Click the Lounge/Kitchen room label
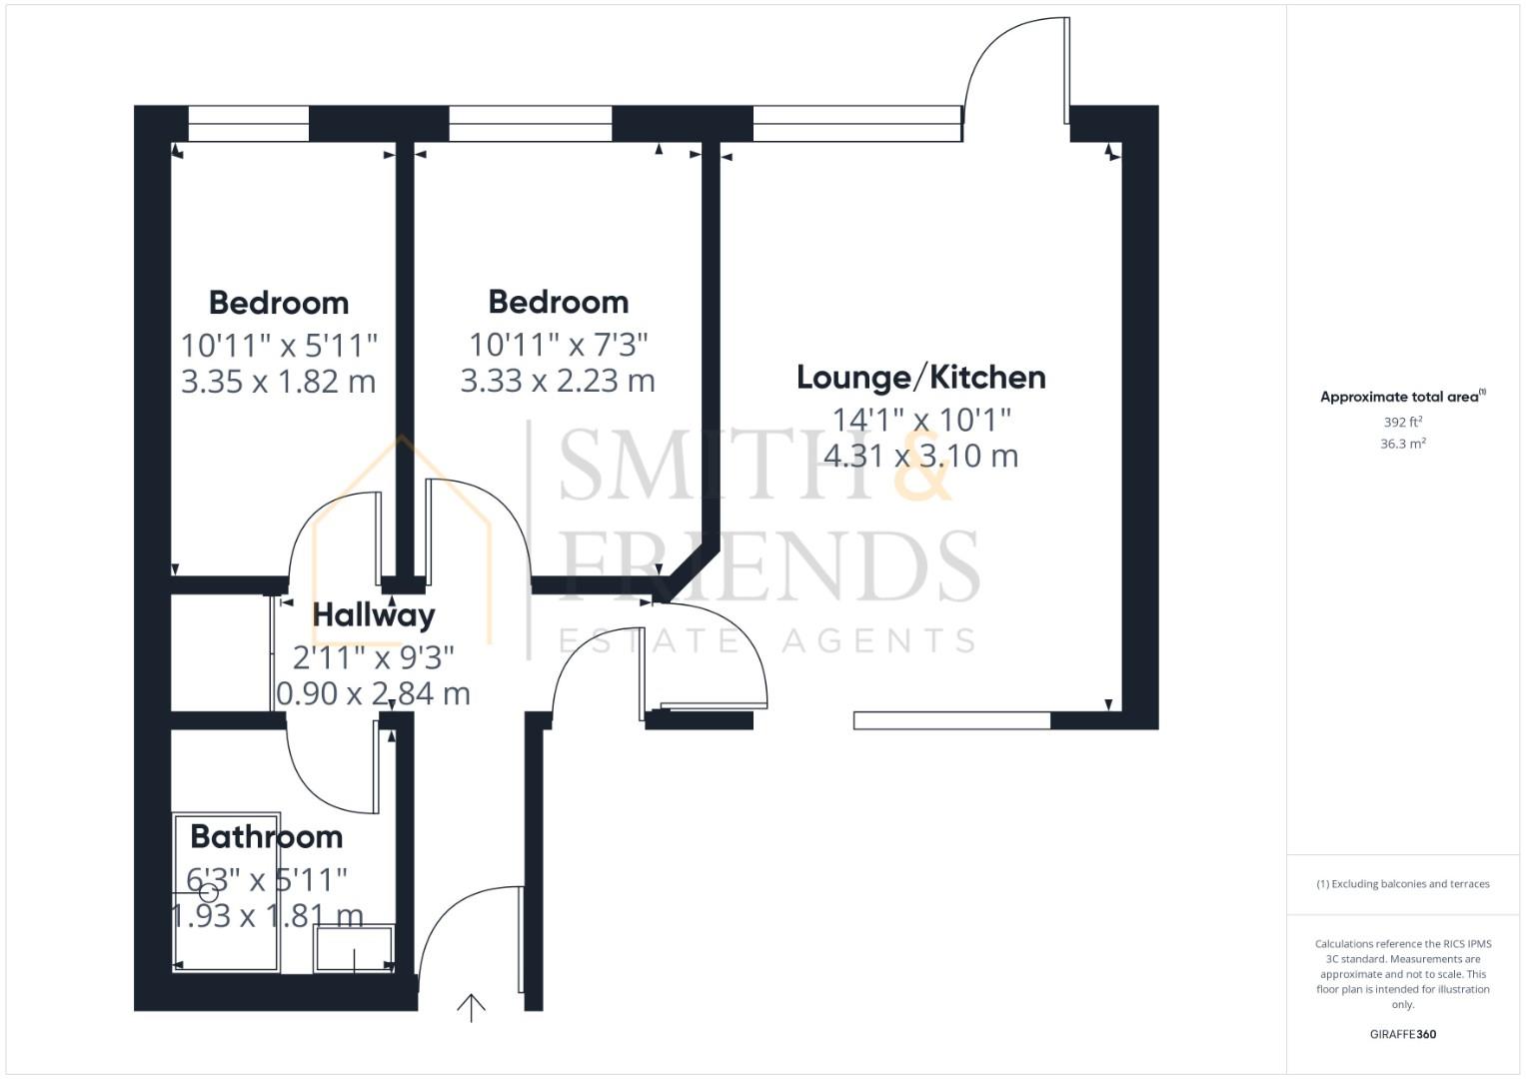(x=920, y=378)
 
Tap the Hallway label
(x=374, y=615)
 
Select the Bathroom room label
(x=266, y=836)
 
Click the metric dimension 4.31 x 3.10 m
(x=920, y=457)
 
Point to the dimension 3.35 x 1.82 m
(x=278, y=382)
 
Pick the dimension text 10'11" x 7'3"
(x=559, y=345)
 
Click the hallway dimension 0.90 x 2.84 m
(x=373, y=693)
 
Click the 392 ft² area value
(x=1402, y=423)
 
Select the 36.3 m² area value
(x=1402, y=444)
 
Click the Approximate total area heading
(x=1402, y=397)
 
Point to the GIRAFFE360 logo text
(x=1402, y=1034)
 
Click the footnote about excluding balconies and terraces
(x=1402, y=884)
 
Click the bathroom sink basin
(x=354, y=949)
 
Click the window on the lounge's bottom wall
(x=951, y=719)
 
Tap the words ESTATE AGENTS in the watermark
(x=767, y=640)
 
